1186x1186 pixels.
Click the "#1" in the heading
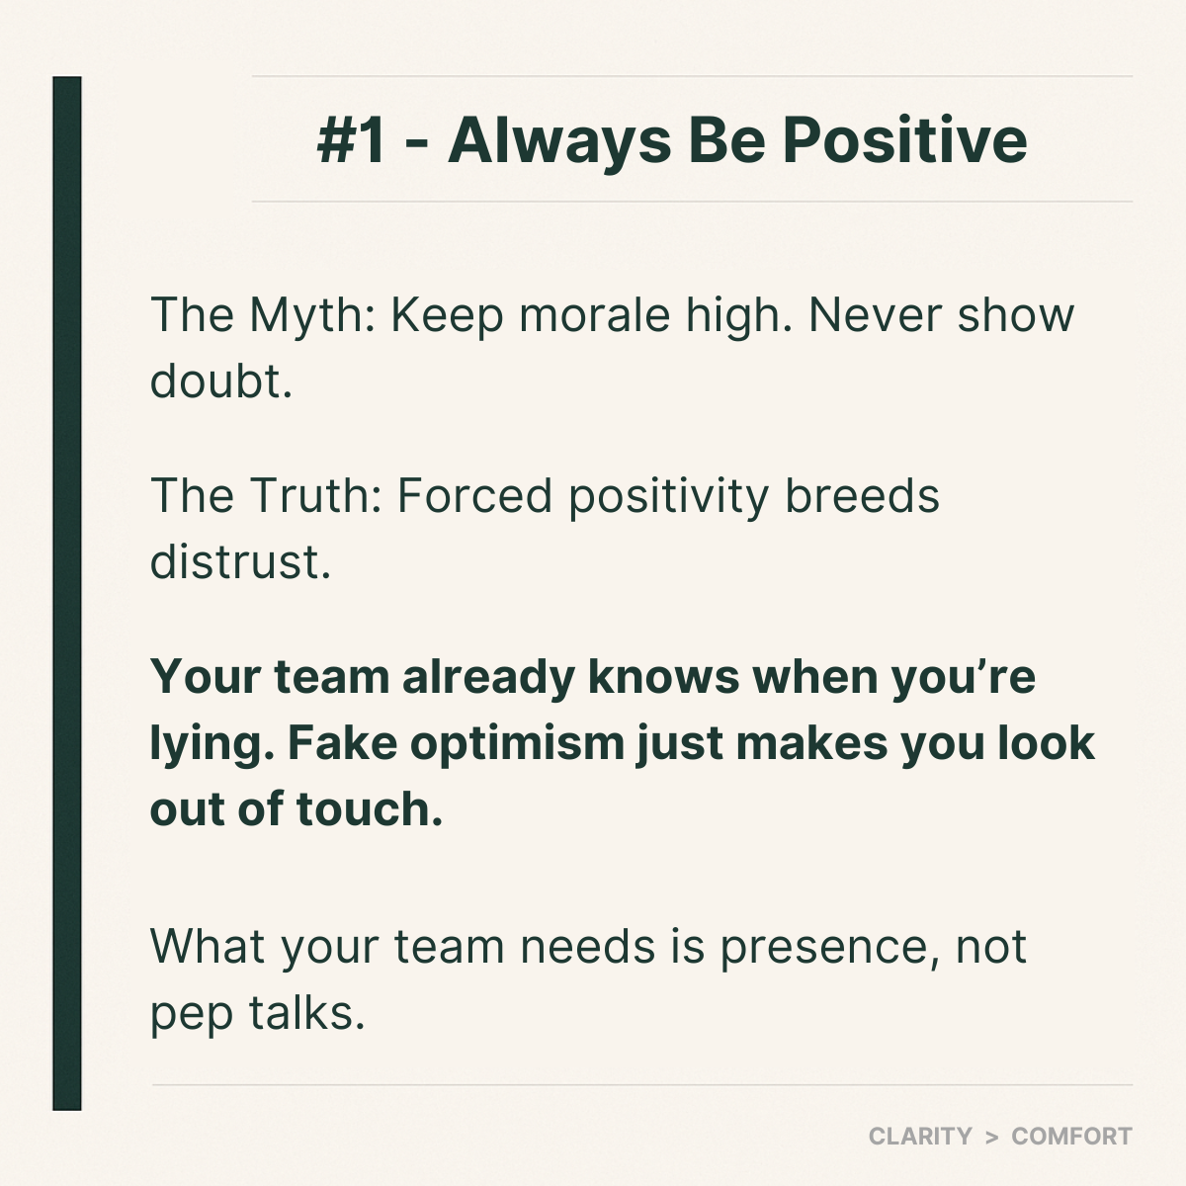[x=352, y=141]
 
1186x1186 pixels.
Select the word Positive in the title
[x=904, y=140]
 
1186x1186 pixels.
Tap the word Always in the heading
[x=559, y=141]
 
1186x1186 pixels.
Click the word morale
[x=595, y=315]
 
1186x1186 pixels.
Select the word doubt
[x=221, y=381]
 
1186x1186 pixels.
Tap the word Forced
[x=474, y=496]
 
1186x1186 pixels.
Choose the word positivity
[x=669, y=497]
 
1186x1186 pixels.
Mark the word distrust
[x=240, y=562]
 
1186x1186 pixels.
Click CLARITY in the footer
[x=920, y=1137]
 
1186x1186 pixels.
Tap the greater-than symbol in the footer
[x=991, y=1137]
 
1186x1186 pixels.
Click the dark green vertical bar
[x=67, y=594]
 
